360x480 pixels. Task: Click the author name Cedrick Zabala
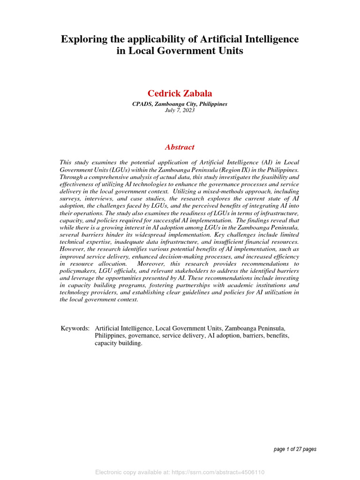click(x=180, y=94)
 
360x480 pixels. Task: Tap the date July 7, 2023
click(x=180, y=110)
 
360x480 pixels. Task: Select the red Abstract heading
click(x=180, y=147)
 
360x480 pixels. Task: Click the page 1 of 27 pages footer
click(x=295, y=449)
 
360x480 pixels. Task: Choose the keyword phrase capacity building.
click(x=118, y=343)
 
